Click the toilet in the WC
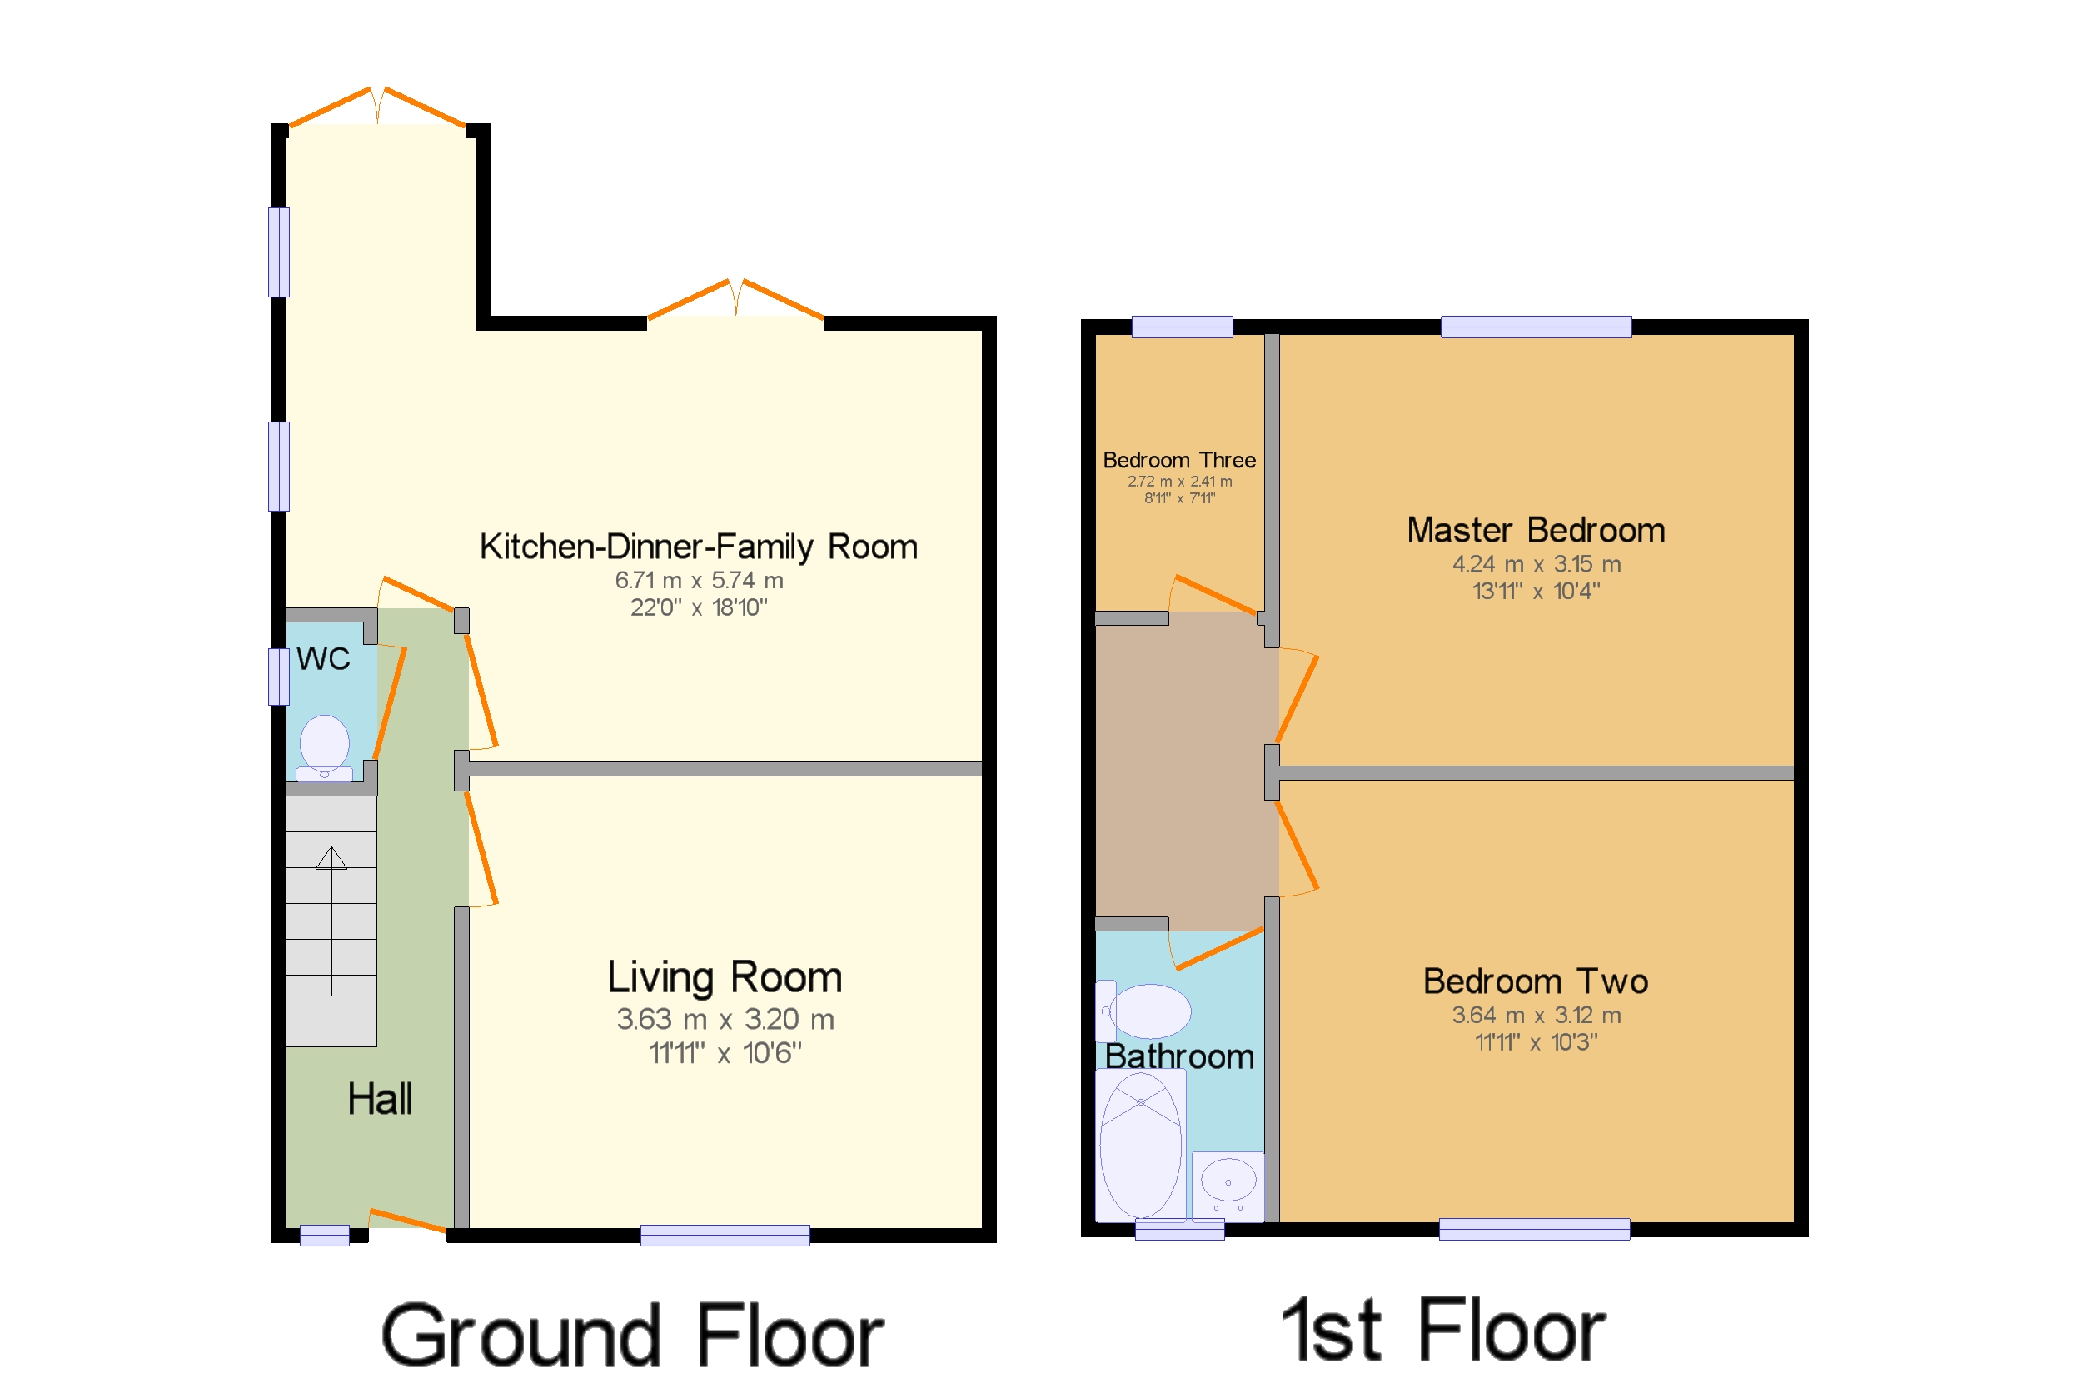[324, 748]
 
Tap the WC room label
[323, 658]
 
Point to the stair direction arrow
[331, 921]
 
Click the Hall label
[380, 1100]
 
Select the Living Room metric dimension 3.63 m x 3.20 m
[725, 1020]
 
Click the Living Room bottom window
[725, 1235]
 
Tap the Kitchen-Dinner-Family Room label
[698, 547]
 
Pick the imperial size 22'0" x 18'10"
[699, 607]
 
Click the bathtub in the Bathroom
[1141, 1146]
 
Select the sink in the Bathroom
[1228, 1186]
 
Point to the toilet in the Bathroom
[1143, 1011]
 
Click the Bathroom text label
[1179, 1056]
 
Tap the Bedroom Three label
[1179, 460]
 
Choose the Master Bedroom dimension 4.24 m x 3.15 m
[1537, 564]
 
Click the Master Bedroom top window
[1536, 327]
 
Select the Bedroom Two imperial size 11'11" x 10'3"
[1537, 1042]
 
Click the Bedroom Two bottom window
[1534, 1229]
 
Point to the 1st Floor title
[1444, 1331]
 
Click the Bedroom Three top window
[1182, 327]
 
